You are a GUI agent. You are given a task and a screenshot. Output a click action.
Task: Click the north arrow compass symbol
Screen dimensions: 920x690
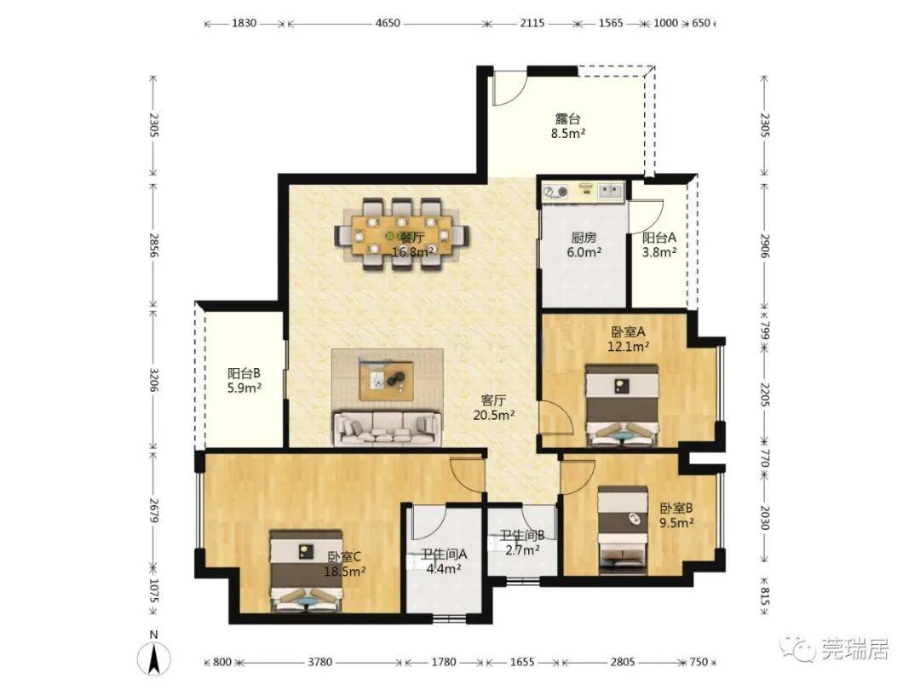(153, 657)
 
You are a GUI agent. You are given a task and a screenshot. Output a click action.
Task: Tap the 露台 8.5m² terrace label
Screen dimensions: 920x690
(567, 125)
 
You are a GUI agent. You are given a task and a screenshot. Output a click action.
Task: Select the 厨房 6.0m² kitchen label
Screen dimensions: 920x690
(584, 244)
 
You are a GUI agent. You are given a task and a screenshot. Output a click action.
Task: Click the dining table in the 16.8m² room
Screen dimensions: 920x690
(402, 235)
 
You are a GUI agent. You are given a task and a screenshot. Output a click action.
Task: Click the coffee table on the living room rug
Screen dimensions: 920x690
(387, 380)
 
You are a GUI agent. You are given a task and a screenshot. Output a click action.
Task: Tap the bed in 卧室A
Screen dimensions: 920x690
(622, 405)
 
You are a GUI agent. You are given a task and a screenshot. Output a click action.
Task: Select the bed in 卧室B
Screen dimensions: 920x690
(623, 530)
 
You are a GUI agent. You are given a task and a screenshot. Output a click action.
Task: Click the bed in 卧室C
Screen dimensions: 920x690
(306, 571)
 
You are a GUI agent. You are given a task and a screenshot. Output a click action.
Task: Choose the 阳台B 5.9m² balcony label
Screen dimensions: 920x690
(244, 380)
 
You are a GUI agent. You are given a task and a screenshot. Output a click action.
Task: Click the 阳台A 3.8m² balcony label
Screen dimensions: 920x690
(658, 244)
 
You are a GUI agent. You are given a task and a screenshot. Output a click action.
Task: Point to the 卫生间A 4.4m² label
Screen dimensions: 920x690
(444, 561)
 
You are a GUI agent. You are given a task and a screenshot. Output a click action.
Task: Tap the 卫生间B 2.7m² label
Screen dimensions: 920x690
(522, 543)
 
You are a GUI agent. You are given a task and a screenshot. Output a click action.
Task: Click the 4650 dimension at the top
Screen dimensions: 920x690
(388, 24)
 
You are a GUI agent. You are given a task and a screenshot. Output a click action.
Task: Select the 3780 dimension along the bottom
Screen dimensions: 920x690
(319, 662)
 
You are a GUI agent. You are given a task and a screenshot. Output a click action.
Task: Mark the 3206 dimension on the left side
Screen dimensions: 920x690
(153, 380)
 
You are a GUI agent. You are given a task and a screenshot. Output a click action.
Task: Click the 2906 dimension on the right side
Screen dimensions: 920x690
(764, 246)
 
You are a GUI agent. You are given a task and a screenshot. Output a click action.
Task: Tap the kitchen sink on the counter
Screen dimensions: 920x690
(610, 191)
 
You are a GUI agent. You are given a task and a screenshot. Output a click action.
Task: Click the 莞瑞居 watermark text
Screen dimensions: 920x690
(855, 649)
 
